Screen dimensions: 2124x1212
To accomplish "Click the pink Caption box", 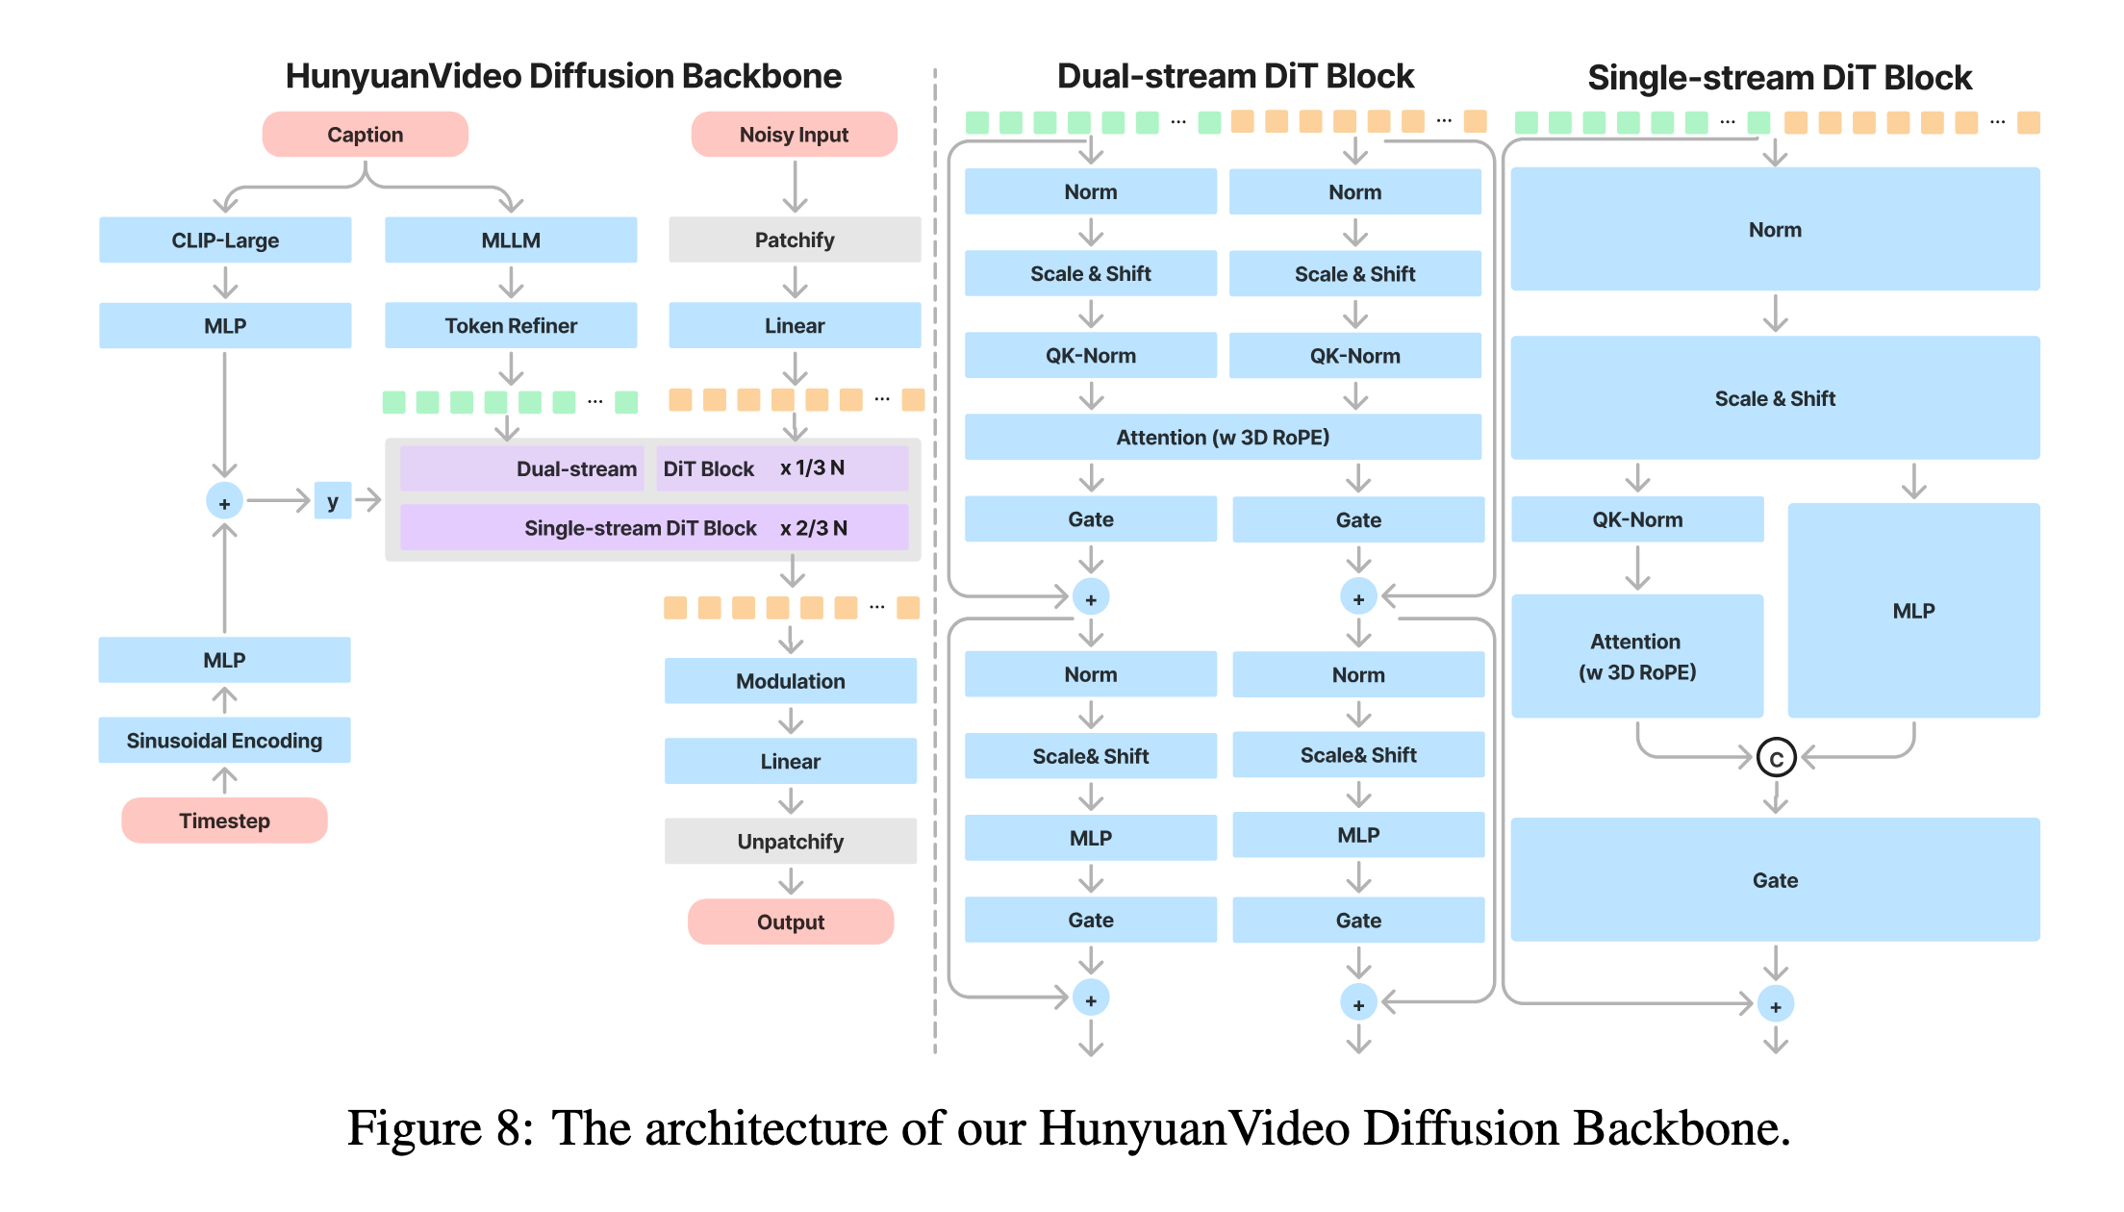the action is coord(366,135).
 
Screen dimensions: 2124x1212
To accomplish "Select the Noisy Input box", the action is coord(795,135).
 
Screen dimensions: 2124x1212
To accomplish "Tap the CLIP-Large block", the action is coord(225,240).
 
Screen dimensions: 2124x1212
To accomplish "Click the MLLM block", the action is coord(511,240).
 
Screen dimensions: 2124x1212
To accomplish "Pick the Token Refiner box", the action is coord(511,325).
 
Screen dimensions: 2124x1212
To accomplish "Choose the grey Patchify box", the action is coord(795,240).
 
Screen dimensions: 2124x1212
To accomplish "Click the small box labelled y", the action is coord(333,501).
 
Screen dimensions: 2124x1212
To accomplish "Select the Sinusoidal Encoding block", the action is coord(224,740).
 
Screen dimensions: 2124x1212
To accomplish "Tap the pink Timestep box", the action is coord(224,821).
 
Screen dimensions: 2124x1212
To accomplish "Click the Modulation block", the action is coord(791,681).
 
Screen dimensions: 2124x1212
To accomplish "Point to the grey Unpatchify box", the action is coord(791,842).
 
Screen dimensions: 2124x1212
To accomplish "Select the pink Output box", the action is coord(791,922).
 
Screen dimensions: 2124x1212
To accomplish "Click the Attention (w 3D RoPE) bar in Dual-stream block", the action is coord(1223,437).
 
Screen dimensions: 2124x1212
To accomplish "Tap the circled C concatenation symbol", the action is coord(1776,758).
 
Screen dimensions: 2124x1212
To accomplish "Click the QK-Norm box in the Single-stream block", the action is coord(1637,519).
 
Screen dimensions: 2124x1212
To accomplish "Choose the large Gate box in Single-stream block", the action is coord(1775,879).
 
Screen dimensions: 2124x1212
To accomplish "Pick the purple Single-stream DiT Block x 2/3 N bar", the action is coord(654,527).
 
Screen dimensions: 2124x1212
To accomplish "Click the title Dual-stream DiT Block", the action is coord(1235,76).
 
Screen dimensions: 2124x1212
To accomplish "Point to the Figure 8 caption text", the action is coord(1068,1127).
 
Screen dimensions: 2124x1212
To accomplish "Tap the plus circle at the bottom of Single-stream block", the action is coord(1776,1005).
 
